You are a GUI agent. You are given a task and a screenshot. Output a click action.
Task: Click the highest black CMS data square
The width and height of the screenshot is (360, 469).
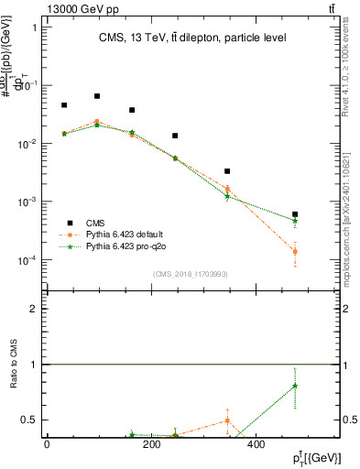click(97, 96)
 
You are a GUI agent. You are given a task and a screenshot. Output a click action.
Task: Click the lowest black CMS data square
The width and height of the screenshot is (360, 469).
click(295, 214)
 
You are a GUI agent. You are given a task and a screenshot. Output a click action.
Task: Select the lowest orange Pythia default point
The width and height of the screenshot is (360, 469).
click(295, 251)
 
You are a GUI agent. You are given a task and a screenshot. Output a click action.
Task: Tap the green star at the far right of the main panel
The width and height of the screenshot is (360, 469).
click(295, 221)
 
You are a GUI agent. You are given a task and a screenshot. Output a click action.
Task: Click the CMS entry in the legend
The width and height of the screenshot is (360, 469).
click(96, 223)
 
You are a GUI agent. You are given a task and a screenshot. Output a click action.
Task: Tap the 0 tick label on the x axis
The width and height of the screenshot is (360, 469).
click(47, 445)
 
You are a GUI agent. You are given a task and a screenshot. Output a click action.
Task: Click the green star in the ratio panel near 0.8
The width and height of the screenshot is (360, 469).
click(295, 386)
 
